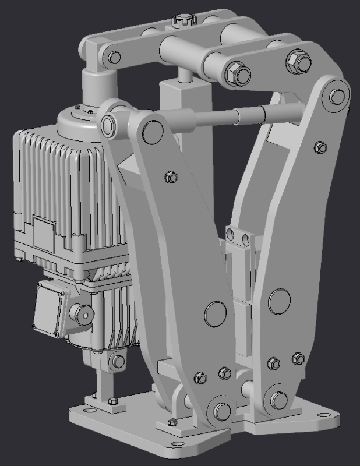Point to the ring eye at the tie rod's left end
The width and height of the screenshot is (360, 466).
coord(110,123)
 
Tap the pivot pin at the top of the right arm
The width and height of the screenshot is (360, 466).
coord(334,97)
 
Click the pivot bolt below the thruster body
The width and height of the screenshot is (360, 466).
coord(117,361)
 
